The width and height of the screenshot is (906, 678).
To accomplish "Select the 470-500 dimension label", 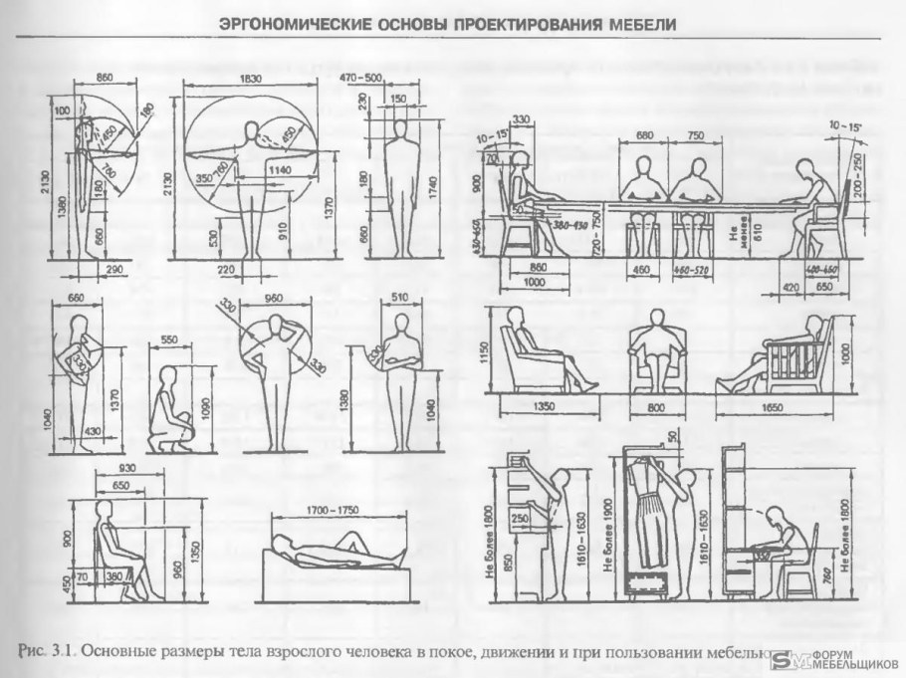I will (360, 78).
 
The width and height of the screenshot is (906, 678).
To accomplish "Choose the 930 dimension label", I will (125, 468).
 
